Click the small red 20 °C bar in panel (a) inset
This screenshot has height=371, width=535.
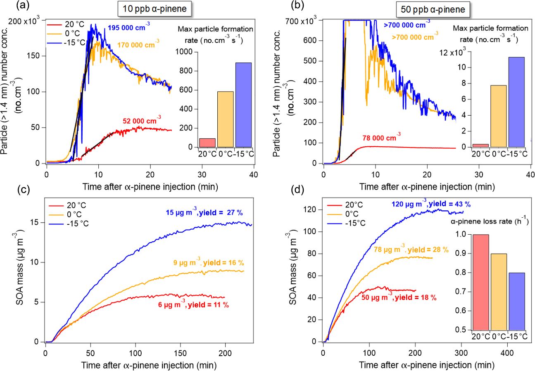click(x=207, y=143)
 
